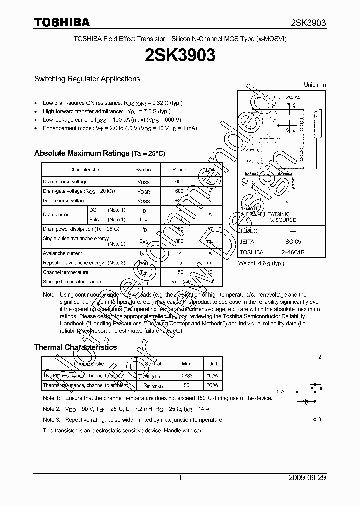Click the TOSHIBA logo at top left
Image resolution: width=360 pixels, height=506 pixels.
[62, 22]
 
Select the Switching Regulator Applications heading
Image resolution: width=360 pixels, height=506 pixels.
[87, 79]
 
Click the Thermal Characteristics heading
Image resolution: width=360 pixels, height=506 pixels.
[75, 347]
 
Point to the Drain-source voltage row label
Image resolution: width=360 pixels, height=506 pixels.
[65, 182]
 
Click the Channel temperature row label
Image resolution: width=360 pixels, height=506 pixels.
[66, 272]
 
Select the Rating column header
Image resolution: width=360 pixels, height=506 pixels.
[179, 170]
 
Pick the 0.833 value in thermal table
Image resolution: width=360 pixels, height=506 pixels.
[186, 375]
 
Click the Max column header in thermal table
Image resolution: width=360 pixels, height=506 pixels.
[186, 364]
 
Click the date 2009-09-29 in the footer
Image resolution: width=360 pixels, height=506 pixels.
[307, 478]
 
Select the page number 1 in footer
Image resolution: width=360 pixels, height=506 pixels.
[180, 478]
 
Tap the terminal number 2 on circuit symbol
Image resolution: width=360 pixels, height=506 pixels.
[319, 357]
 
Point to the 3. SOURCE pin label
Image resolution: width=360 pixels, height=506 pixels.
[283, 220]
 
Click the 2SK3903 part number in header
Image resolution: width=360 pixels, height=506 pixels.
[308, 23]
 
